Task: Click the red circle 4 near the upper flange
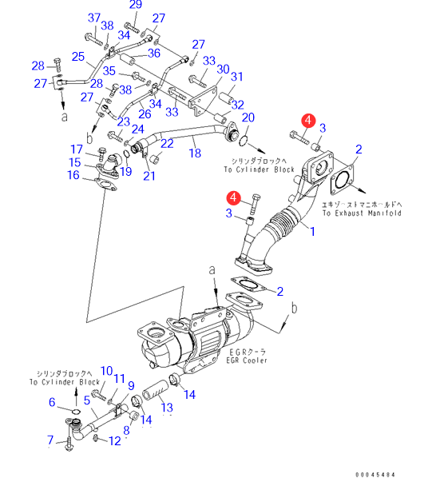(308, 120)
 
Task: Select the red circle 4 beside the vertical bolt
(233, 197)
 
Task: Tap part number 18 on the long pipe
(195, 153)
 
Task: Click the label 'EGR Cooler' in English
(247, 360)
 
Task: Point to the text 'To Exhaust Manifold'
(362, 213)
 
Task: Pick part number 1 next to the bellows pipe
(312, 231)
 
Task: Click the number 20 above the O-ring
(248, 118)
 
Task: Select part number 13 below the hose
(167, 408)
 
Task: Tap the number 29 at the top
(136, 5)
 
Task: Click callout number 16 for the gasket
(73, 175)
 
